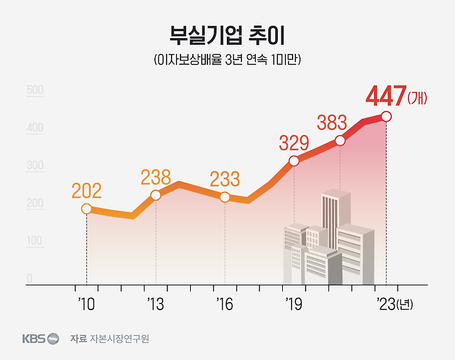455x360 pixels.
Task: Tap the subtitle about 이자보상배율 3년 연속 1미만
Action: point(227,60)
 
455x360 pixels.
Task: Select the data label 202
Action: point(86,189)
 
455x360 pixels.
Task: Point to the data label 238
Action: point(156,177)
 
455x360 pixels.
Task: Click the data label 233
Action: point(225,178)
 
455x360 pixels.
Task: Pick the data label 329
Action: point(294,143)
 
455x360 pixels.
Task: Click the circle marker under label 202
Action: point(86,209)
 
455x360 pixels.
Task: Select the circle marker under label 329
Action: point(294,161)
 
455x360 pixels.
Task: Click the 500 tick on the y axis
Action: point(35,90)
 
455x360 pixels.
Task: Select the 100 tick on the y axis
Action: point(35,241)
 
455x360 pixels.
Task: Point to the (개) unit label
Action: point(418,98)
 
